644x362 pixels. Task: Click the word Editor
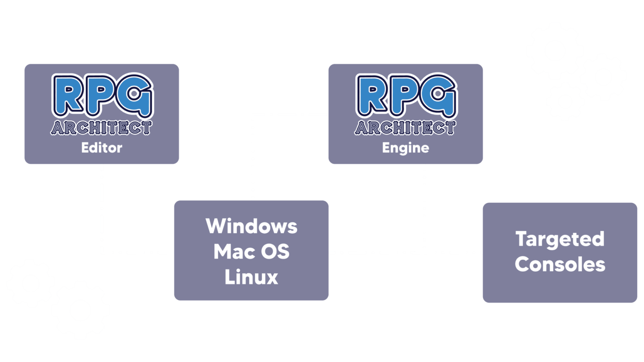101,148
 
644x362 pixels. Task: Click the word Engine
405,148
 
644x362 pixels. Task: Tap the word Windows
252,226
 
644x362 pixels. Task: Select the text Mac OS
252,251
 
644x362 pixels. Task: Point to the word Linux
252,277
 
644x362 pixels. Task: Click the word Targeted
560,240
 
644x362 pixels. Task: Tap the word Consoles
560,264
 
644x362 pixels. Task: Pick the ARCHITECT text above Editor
101,128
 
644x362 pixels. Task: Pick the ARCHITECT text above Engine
405,128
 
